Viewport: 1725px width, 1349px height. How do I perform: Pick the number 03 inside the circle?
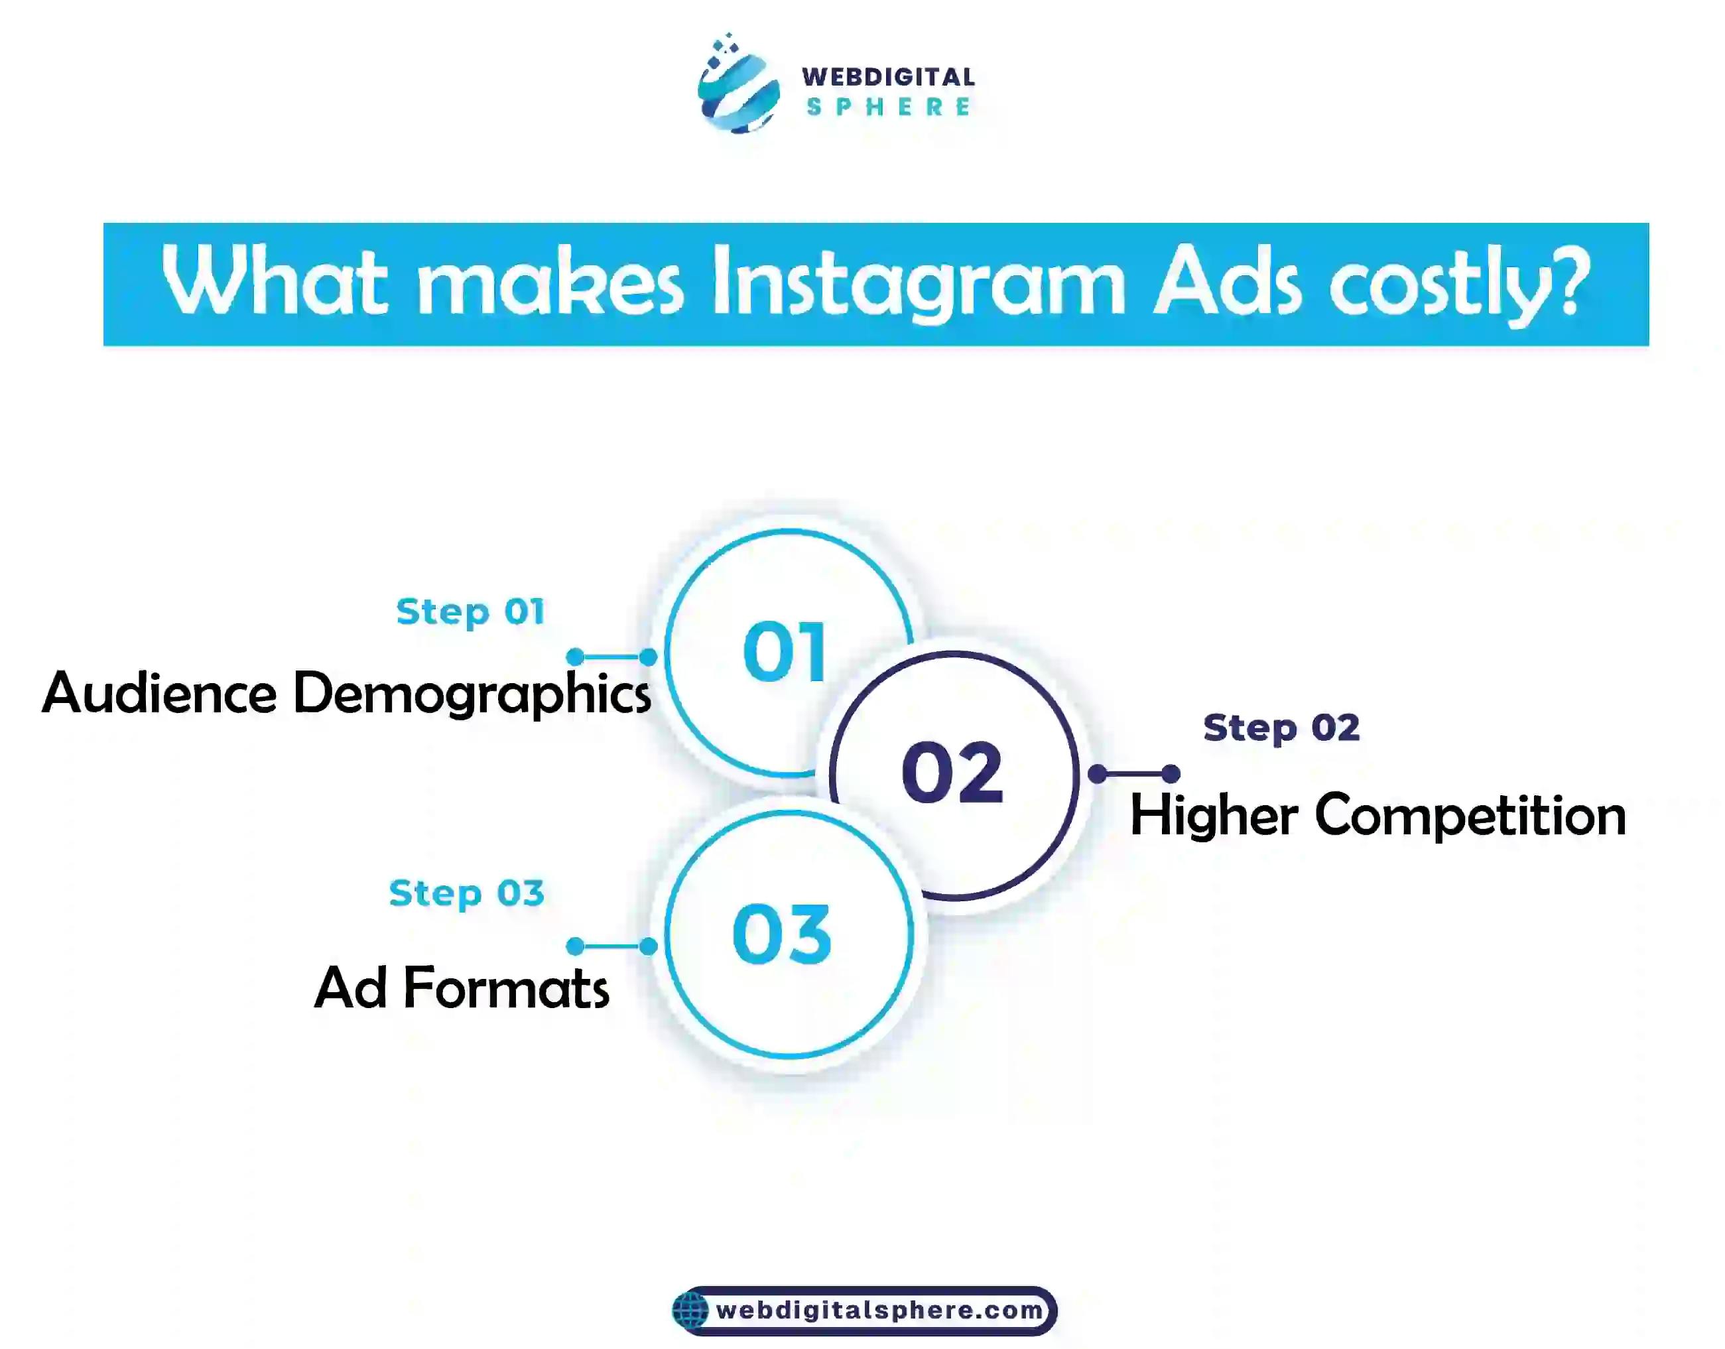click(x=782, y=934)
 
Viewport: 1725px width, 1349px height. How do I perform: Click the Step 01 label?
click(x=471, y=612)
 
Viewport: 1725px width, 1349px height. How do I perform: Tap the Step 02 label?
click(x=1281, y=728)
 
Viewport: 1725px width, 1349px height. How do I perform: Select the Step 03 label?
click(x=467, y=894)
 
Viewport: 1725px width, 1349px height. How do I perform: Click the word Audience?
click(x=160, y=692)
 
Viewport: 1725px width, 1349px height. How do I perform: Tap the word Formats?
click(x=506, y=988)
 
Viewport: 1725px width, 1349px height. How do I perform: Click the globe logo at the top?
click(x=737, y=84)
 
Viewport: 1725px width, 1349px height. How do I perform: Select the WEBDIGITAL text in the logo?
click(x=889, y=77)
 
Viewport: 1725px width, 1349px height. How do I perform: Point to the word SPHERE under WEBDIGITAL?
click(x=889, y=107)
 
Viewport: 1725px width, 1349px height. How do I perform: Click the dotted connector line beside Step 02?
click(x=1134, y=774)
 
